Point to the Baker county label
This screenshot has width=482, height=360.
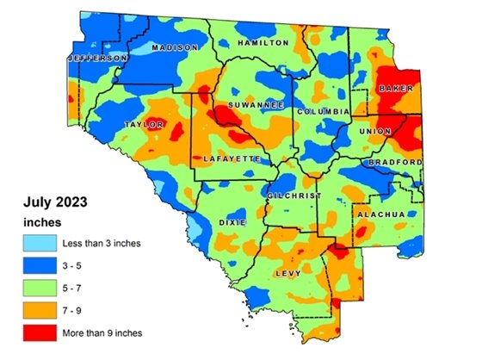tap(396, 89)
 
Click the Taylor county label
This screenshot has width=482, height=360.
tap(144, 125)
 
